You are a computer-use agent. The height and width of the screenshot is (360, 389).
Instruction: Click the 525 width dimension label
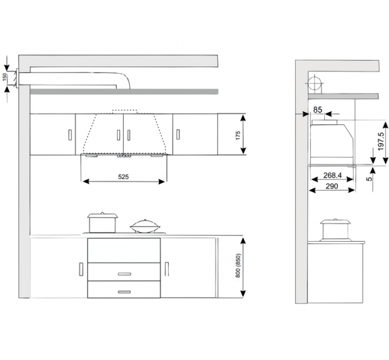point(124,177)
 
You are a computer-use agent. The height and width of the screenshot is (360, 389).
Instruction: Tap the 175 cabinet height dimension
point(237,135)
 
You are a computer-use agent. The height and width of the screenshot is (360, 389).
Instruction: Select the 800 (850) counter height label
point(237,265)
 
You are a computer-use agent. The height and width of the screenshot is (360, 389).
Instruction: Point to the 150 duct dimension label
point(5,77)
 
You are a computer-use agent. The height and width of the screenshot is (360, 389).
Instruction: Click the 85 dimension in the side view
point(317,110)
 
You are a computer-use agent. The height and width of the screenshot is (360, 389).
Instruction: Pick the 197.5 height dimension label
point(381,142)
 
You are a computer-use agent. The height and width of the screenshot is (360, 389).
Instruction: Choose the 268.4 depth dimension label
point(332,175)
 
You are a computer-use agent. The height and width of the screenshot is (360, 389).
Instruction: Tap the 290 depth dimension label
point(332,186)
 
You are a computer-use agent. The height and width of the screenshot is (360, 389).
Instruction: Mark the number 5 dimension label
point(370,179)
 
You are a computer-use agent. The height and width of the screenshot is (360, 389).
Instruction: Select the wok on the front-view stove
point(145,226)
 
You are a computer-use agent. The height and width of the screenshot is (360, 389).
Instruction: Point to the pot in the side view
point(335,230)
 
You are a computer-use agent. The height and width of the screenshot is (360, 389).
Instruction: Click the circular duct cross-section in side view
point(315,83)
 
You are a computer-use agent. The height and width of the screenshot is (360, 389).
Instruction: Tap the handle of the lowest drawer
point(124,292)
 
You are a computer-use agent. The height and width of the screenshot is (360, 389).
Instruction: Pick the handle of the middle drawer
point(124,274)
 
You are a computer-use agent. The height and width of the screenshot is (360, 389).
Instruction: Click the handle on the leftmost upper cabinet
point(70,135)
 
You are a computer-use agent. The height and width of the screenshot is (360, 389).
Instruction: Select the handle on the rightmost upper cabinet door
point(178,134)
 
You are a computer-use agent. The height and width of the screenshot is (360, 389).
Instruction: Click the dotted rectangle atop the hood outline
point(125,112)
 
